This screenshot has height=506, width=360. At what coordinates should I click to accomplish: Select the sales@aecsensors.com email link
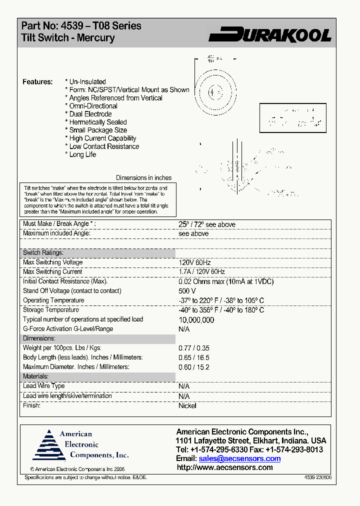(239, 458)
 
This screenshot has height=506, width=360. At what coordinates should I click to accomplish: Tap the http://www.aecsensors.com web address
(224, 467)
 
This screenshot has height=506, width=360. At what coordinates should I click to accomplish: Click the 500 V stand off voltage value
(187, 291)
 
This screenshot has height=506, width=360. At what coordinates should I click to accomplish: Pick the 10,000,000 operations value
(196, 320)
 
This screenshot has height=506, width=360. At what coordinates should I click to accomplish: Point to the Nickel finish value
(187, 406)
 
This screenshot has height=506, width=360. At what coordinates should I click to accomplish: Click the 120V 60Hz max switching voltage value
(194, 262)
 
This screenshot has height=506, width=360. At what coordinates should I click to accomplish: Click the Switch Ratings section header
(43, 253)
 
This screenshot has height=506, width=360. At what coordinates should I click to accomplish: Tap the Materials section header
(35, 376)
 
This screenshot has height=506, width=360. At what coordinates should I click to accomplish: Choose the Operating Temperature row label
(53, 300)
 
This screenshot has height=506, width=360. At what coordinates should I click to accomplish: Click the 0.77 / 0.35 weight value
(194, 348)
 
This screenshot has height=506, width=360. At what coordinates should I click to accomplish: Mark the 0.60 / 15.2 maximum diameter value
(194, 367)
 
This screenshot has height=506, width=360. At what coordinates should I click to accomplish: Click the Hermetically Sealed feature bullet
(98, 122)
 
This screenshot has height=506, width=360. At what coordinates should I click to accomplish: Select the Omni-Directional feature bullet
(93, 106)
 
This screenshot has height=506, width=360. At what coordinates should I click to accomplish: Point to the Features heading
(37, 81)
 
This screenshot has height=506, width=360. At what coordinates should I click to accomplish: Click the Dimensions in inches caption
(143, 178)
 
